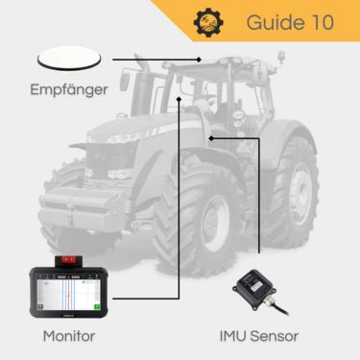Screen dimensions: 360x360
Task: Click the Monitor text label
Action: click(70, 336)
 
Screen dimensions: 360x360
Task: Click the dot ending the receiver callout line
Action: click(197, 59)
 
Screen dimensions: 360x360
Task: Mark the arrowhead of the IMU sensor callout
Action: click(210, 137)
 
